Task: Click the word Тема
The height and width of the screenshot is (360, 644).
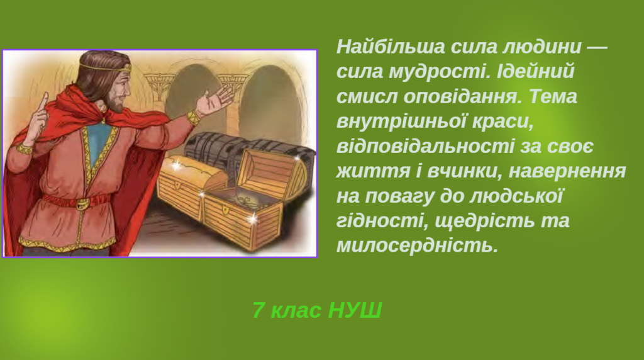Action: [x=553, y=98]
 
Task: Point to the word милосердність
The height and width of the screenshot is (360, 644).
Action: [x=417, y=245]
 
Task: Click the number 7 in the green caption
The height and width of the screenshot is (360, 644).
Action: [x=258, y=310]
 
